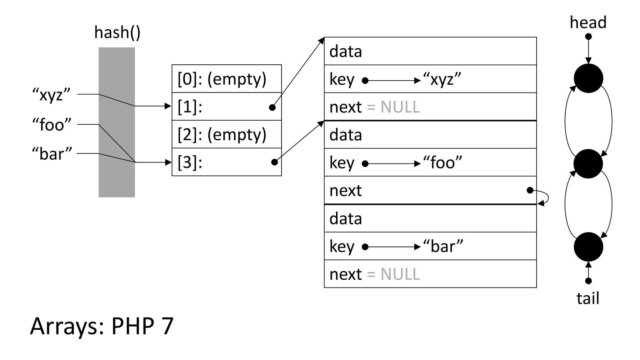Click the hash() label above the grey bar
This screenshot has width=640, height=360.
117,32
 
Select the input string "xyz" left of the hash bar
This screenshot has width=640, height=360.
52,94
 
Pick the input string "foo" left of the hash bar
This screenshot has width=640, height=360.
52,125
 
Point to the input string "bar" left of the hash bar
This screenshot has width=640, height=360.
52,154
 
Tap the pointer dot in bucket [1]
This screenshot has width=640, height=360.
272,107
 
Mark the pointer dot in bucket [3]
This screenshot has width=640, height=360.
274,162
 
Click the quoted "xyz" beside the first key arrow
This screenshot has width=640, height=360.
442,79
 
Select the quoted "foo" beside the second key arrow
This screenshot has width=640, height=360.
442,163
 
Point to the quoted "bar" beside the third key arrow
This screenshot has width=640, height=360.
443,246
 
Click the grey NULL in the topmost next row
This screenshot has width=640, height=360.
400,107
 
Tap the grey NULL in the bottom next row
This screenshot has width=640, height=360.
400,274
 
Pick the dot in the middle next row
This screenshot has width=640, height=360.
530,190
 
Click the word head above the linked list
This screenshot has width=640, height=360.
588,22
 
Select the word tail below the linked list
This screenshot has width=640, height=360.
588,298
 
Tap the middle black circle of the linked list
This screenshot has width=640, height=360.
588,164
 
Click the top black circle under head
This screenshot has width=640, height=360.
588,78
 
